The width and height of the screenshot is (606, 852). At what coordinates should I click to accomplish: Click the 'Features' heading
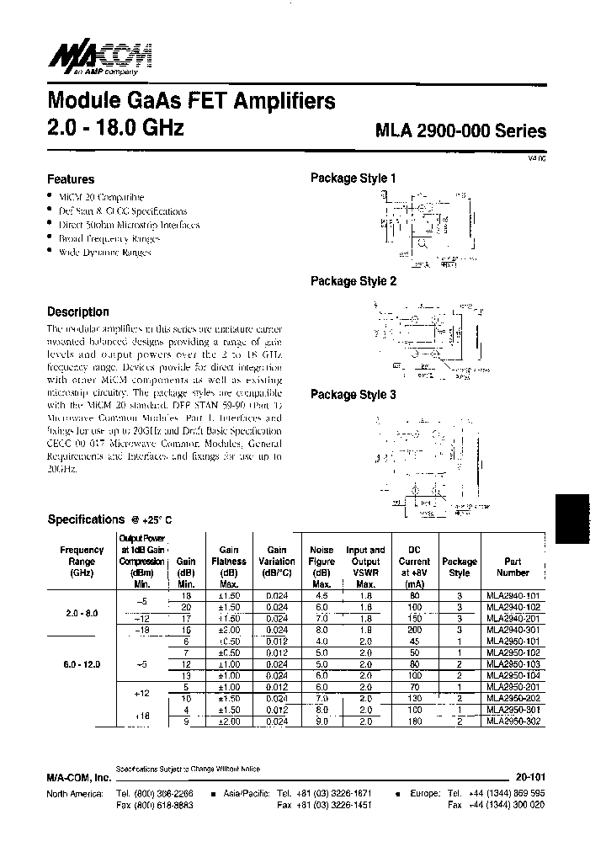[71, 179]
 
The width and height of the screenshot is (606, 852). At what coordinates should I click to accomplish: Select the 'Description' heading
[78, 312]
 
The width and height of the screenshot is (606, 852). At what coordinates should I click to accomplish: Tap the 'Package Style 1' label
[353, 178]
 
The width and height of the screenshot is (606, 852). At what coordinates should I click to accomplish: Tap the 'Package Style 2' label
[353, 281]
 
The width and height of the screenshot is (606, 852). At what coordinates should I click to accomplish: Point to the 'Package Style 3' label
[353, 394]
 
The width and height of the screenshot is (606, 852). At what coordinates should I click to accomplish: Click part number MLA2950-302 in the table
[513, 722]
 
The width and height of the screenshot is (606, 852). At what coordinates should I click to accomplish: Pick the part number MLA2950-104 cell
[513, 676]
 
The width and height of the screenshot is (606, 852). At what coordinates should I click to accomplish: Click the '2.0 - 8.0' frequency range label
[82, 613]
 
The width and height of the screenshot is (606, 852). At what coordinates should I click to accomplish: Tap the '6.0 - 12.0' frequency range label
[82, 664]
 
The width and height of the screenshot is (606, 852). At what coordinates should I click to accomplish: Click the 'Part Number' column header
[513, 567]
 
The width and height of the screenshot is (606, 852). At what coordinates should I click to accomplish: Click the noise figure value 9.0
[321, 722]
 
